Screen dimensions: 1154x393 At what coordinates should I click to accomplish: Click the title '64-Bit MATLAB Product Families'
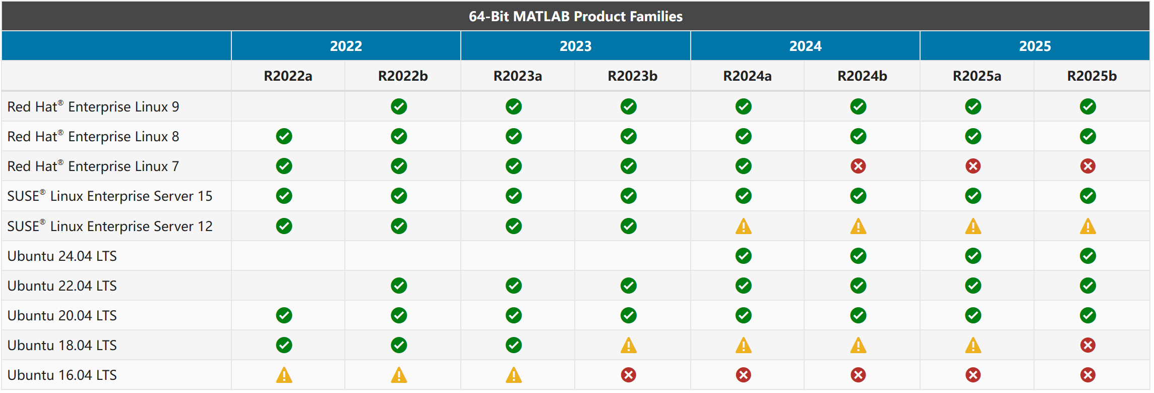click(576, 17)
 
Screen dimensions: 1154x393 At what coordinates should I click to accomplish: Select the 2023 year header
click(575, 46)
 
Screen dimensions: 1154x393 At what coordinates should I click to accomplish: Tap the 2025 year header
click(1035, 46)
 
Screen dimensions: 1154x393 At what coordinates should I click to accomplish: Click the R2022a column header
click(288, 76)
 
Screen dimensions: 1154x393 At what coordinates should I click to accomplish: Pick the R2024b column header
click(862, 76)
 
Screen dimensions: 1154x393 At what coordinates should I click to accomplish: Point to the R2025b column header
click(1092, 76)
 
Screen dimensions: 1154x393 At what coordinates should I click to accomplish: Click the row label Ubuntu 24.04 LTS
click(62, 256)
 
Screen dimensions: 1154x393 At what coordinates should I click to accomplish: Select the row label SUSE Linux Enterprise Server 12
click(110, 226)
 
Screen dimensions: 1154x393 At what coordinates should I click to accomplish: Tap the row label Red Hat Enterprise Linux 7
click(93, 166)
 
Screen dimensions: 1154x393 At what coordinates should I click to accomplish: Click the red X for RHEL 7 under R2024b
click(858, 166)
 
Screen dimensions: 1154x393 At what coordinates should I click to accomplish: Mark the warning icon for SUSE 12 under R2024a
click(744, 226)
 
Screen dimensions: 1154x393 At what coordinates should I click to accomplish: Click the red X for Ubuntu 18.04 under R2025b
click(1088, 345)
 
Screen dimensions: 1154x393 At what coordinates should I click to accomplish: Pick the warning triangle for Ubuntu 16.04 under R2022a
click(284, 375)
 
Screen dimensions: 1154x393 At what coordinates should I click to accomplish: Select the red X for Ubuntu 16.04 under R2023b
click(629, 375)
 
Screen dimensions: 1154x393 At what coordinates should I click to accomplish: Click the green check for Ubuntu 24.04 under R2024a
click(744, 256)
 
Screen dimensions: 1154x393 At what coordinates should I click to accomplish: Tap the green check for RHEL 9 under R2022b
click(399, 106)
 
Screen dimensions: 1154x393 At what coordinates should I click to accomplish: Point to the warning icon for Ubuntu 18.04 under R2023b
click(629, 345)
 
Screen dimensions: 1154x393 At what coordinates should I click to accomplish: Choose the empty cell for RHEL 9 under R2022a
click(288, 106)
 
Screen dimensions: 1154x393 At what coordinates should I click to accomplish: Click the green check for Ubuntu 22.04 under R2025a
click(973, 286)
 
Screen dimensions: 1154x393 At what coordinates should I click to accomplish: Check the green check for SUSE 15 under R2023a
click(514, 196)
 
